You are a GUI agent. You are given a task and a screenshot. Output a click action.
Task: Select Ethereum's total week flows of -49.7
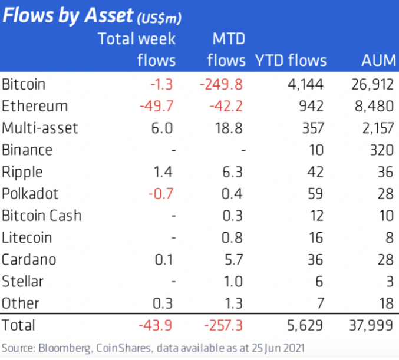[x=157, y=106]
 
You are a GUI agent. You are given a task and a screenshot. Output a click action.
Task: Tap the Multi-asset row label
[x=39, y=128]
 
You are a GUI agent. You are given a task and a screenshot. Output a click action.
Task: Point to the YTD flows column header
[x=290, y=60]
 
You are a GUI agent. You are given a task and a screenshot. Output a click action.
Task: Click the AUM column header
[x=377, y=60]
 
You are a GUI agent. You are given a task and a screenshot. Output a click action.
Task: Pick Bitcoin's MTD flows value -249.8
[x=221, y=84]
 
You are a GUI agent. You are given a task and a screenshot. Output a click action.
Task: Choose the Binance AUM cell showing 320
[x=381, y=150]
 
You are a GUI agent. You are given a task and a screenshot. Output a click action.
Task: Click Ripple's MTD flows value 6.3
[x=234, y=172]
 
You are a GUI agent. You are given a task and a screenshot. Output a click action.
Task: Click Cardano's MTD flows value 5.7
[x=234, y=259]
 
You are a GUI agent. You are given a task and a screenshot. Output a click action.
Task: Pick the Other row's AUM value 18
[x=385, y=303]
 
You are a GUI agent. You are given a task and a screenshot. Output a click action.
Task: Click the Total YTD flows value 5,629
[x=305, y=325]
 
